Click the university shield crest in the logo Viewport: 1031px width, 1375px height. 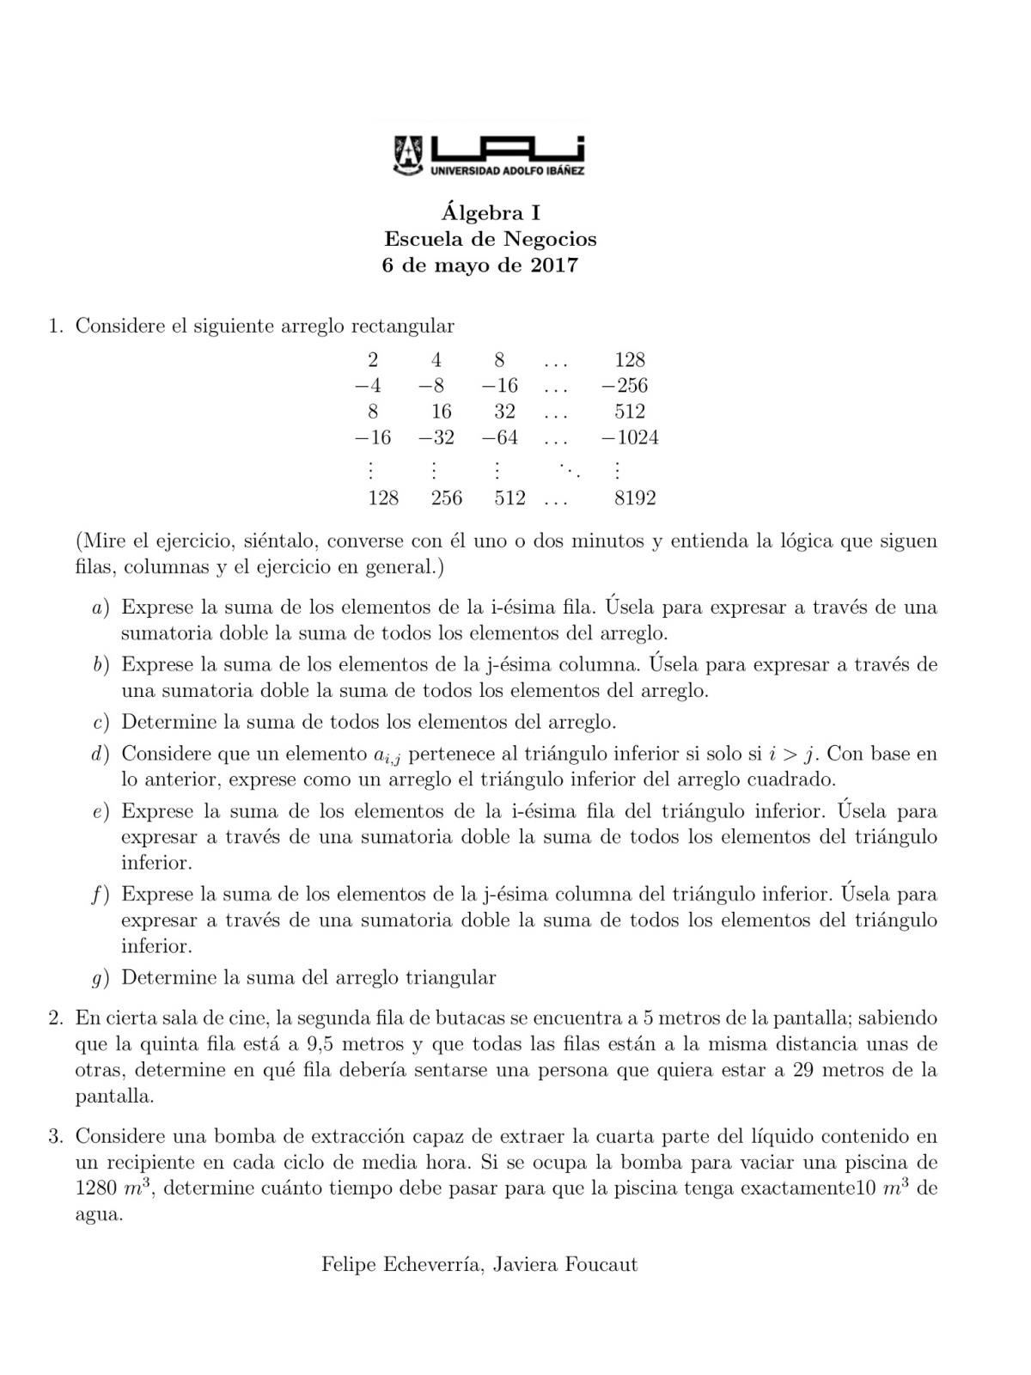(x=409, y=154)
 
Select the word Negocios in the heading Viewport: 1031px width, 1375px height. (x=551, y=238)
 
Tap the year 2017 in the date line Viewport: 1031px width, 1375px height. (x=554, y=265)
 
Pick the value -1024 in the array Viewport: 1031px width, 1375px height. (x=631, y=437)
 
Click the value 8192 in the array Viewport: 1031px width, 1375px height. (x=635, y=498)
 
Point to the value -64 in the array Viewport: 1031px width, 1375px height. (x=500, y=437)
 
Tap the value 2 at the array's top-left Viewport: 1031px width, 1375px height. (x=373, y=359)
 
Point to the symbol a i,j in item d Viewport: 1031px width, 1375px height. (x=387, y=755)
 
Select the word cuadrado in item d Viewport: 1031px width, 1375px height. (x=793, y=779)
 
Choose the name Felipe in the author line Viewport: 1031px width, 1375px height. (x=350, y=1264)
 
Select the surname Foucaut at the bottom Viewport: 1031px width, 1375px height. (x=601, y=1264)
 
